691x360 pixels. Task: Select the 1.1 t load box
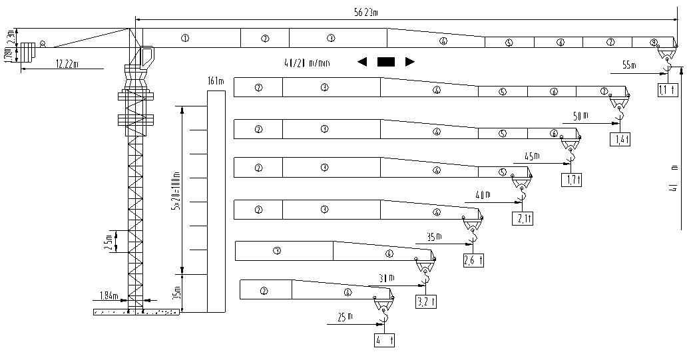pyautogui.click(x=666, y=89)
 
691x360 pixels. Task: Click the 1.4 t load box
pyautogui.click(x=620, y=139)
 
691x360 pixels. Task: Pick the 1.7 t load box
pyautogui.click(x=571, y=179)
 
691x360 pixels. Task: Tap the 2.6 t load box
pyautogui.click(x=473, y=260)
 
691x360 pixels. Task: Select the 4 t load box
pyautogui.click(x=384, y=340)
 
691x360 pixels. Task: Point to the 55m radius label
pyautogui.click(x=629, y=65)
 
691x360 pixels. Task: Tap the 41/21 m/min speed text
pyautogui.click(x=307, y=63)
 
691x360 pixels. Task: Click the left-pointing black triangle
pyautogui.click(x=362, y=62)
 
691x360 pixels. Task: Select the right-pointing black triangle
pyautogui.click(x=410, y=62)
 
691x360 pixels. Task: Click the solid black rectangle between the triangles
pyautogui.click(x=386, y=62)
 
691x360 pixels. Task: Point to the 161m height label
pyautogui.click(x=214, y=81)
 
